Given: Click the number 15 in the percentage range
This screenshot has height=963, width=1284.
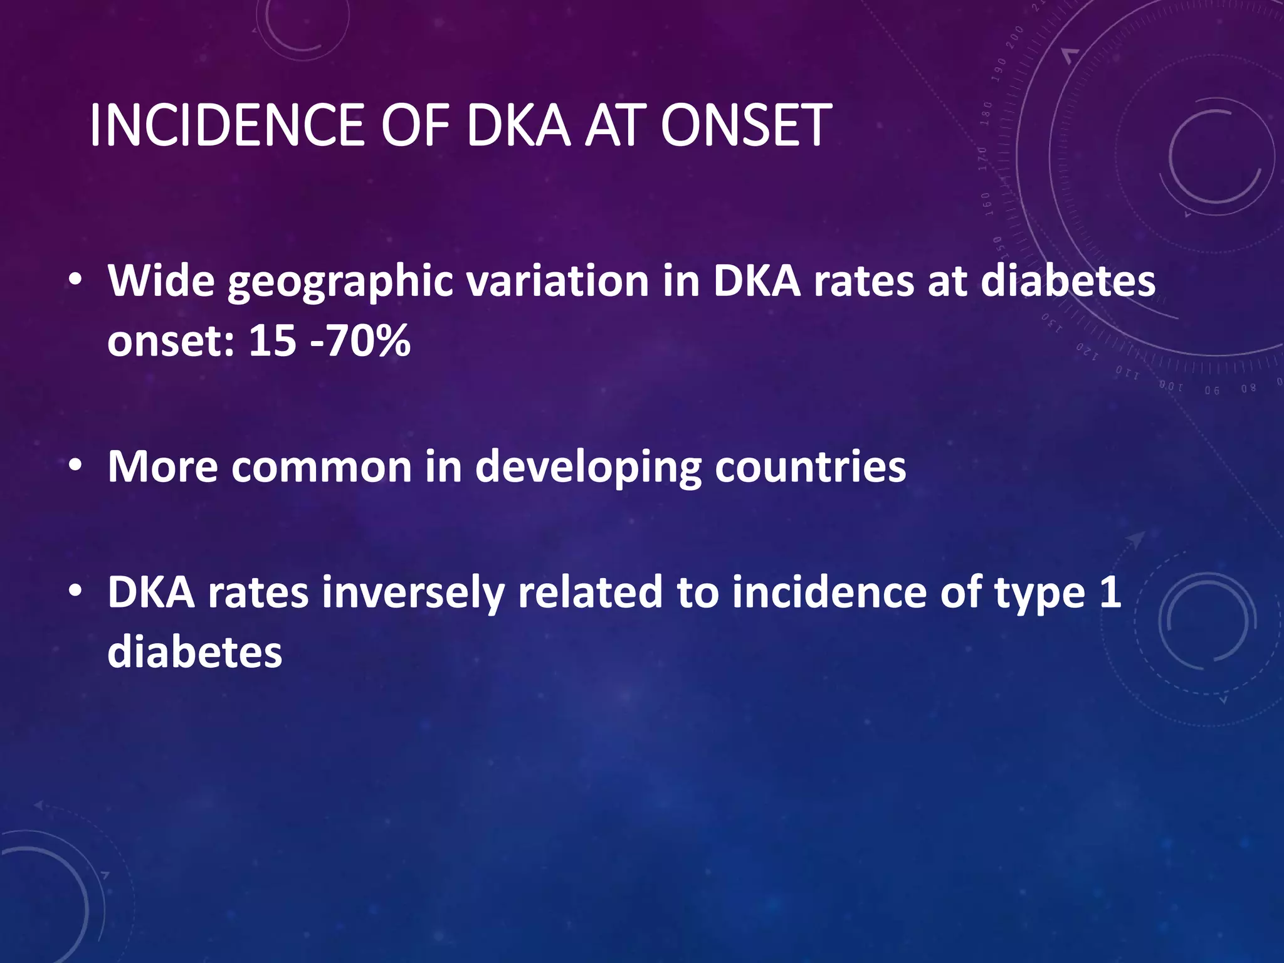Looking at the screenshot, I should pyautogui.click(x=272, y=341).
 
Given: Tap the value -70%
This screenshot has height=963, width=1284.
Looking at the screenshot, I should pyautogui.click(x=360, y=341).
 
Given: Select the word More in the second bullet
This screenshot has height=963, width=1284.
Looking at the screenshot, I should pyautogui.click(x=162, y=467).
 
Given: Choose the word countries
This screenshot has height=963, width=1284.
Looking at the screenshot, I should pyautogui.click(x=810, y=467).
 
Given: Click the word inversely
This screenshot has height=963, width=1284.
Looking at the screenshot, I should pyautogui.click(x=413, y=593).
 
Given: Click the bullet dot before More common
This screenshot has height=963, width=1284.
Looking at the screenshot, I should pyautogui.click(x=75, y=466).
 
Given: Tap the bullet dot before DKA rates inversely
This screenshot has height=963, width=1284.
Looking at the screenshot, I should pyautogui.click(x=75, y=591).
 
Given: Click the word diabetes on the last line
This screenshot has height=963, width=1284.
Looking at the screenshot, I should pyautogui.click(x=194, y=653).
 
